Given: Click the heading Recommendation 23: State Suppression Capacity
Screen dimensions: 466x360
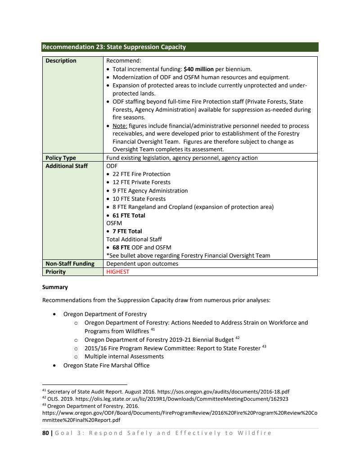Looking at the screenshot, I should pyautogui.click(x=114, y=47).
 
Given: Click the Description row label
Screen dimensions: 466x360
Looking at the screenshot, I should pyautogui.click(x=61, y=61).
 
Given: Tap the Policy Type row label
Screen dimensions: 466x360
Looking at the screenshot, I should pyautogui.click(x=61, y=158).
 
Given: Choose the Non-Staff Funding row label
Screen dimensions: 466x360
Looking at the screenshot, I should pyautogui.click(x=70, y=263).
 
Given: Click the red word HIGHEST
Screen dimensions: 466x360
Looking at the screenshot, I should pyautogui.click(x=117, y=271).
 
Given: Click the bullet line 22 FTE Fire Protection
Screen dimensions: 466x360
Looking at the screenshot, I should pyautogui.click(x=141, y=174).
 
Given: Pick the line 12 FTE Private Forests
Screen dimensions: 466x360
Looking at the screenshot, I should pyautogui.click(x=141, y=182).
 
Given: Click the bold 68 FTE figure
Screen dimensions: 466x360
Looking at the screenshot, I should pyautogui.click(x=121, y=247).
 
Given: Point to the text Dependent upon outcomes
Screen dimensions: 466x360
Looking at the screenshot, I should pyautogui.click(x=142, y=263).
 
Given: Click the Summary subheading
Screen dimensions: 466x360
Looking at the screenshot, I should pyautogui.click(x=55, y=287).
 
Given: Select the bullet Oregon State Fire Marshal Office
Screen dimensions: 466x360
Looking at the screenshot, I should pyautogui.click(x=106, y=365).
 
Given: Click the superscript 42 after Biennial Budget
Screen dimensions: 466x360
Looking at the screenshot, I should pyautogui.click(x=238, y=338).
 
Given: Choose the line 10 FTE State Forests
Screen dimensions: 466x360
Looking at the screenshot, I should pyautogui.click(x=139, y=199).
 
